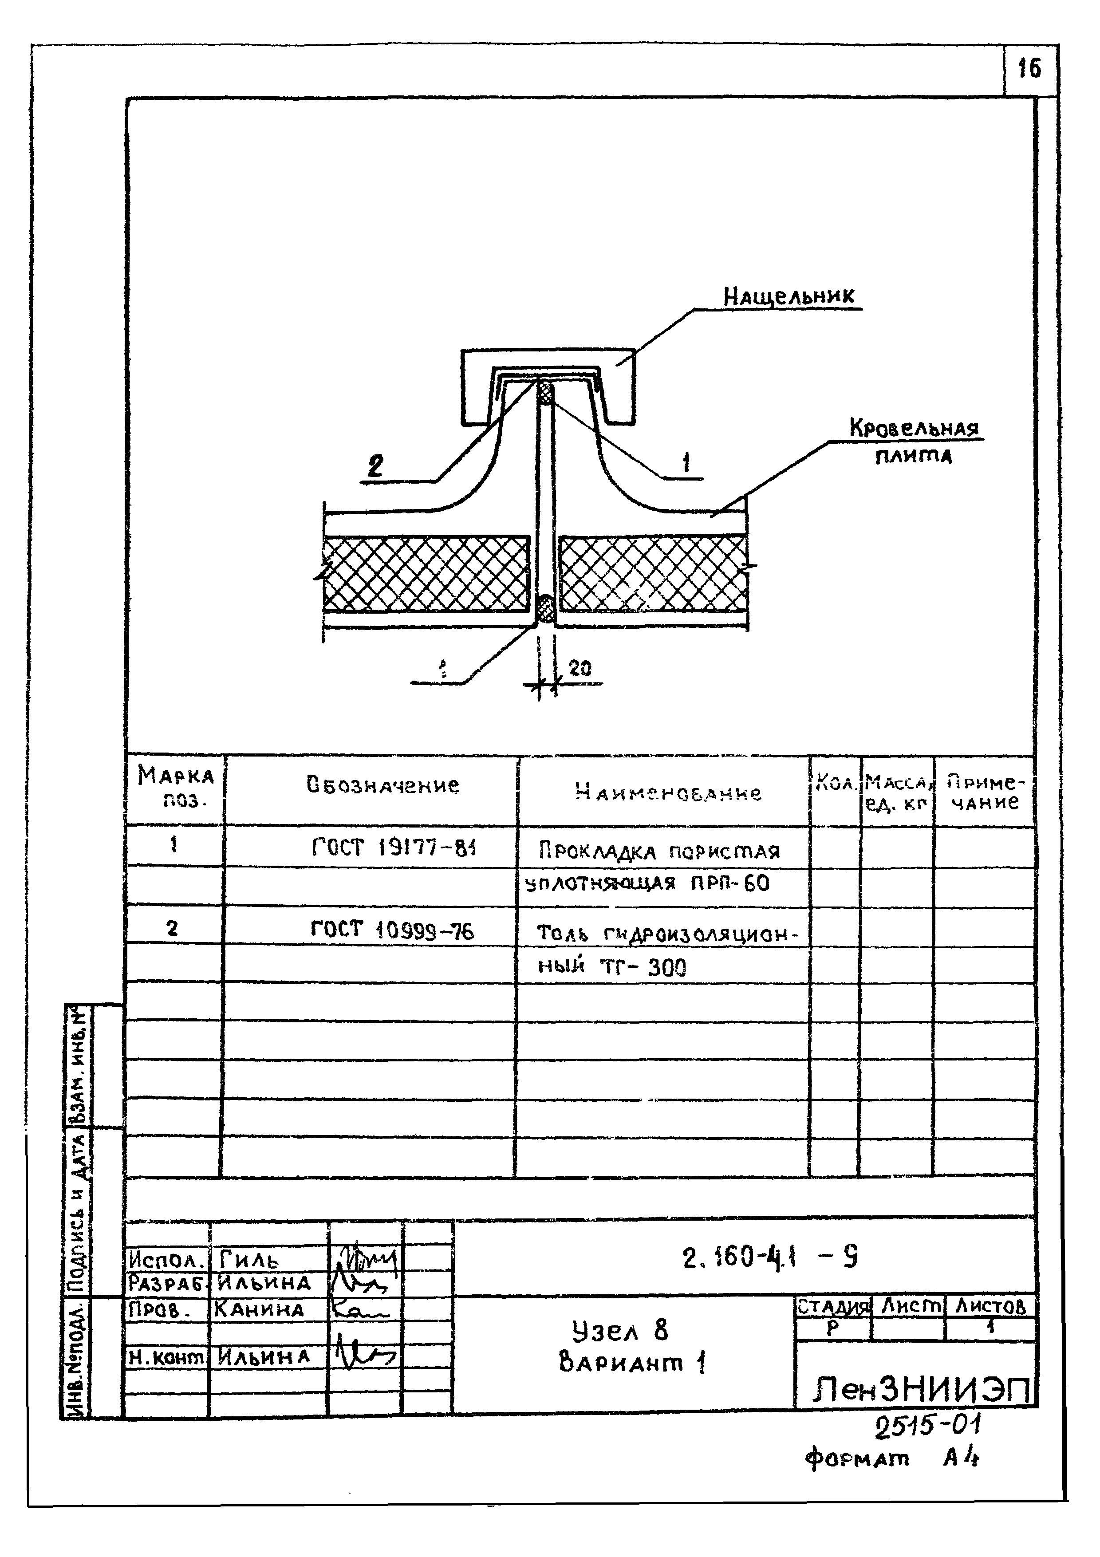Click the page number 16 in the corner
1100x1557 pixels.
pyautogui.click(x=1029, y=68)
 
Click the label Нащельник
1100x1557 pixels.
pyautogui.click(x=789, y=296)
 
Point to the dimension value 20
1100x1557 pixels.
pyautogui.click(x=580, y=669)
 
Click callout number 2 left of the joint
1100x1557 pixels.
pyautogui.click(x=375, y=466)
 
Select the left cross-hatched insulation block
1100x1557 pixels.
pyautogui.click(x=426, y=573)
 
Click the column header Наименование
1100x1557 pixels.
pyautogui.click(x=668, y=792)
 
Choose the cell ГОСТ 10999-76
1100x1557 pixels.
pyautogui.click(x=392, y=930)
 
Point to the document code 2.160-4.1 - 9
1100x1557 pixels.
pyautogui.click(x=770, y=1258)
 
